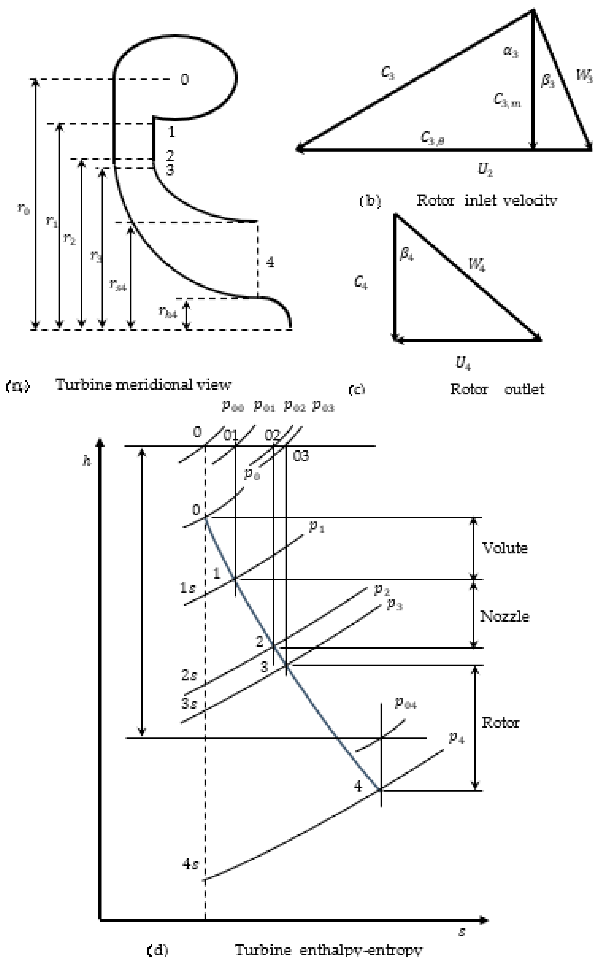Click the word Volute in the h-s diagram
tap(504, 548)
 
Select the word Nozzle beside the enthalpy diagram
tap(504, 616)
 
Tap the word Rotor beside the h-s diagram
tap(500, 723)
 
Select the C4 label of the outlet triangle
tap(360, 283)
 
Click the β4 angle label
tap(407, 254)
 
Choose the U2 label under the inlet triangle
tap(485, 170)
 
